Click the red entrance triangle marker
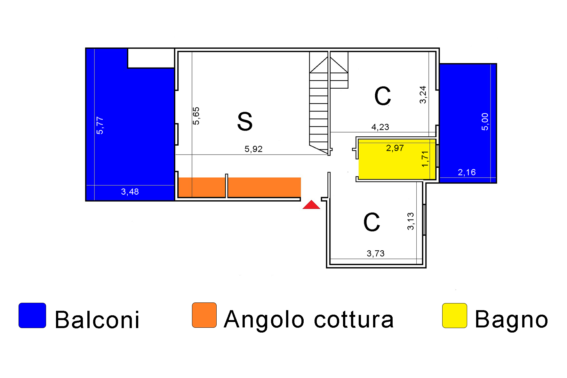click(311, 205)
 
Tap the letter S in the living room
click(245, 122)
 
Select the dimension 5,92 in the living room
click(253, 149)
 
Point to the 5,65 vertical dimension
click(196, 116)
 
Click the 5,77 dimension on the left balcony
click(100, 125)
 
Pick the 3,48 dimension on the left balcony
click(130, 192)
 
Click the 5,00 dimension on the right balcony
click(485, 122)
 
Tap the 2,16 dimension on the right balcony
click(467, 173)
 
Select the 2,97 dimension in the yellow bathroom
click(395, 148)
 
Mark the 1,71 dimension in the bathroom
click(425, 159)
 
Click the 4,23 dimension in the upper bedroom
click(380, 127)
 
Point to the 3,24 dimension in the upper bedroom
click(423, 95)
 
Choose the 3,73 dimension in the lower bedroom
click(376, 254)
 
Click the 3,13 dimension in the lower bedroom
click(411, 221)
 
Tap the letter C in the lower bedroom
click(372, 222)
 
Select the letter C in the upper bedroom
click(383, 96)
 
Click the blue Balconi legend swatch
click(32, 316)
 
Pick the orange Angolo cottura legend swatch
click(204, 315)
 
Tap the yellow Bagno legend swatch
click(454, 316)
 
